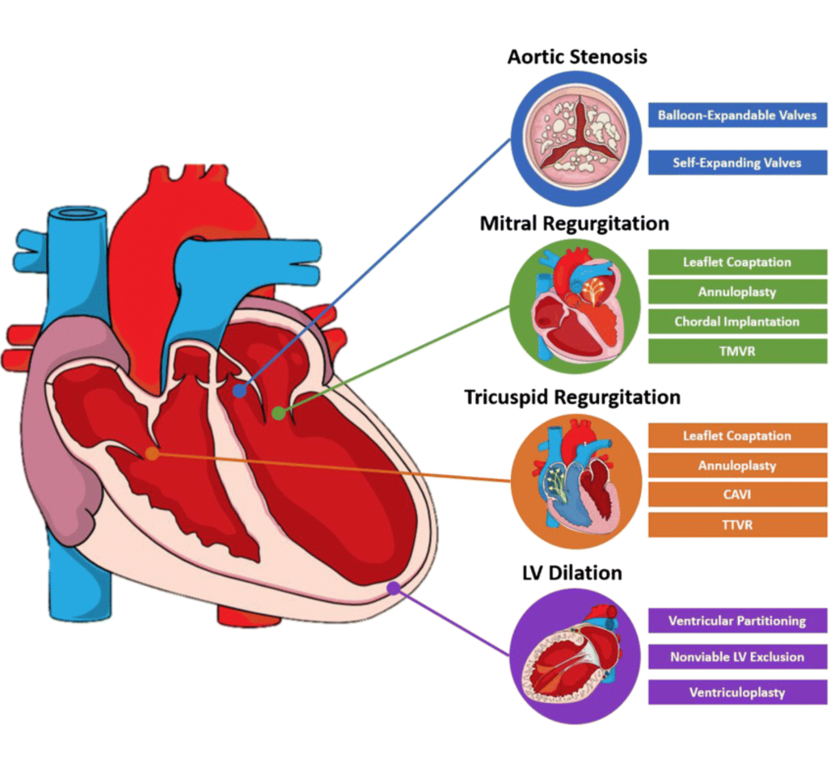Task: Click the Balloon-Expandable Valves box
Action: point(737,115)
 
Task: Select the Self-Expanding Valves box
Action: point(737,163)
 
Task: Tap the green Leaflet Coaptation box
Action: point(737,262)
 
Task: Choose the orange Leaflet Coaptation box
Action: point(737,436)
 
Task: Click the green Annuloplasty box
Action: point(737,292)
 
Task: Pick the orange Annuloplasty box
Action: point(737,466)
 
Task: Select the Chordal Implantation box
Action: point(737,322)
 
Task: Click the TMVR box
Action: point(737,351)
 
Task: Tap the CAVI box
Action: point(737,495)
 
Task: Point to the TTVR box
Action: point(737,525)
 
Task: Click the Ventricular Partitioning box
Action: point(737,621)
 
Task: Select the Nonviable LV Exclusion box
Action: point(737,657)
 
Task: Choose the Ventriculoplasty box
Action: point(737,692)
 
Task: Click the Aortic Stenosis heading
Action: point(577,57)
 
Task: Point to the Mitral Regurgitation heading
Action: point(574,224)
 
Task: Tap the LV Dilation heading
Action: point(572,573)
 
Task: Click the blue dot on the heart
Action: point(239,391)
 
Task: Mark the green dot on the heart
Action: point(279,412)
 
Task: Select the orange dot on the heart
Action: point(152,454)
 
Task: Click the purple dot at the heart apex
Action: point(393,588)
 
